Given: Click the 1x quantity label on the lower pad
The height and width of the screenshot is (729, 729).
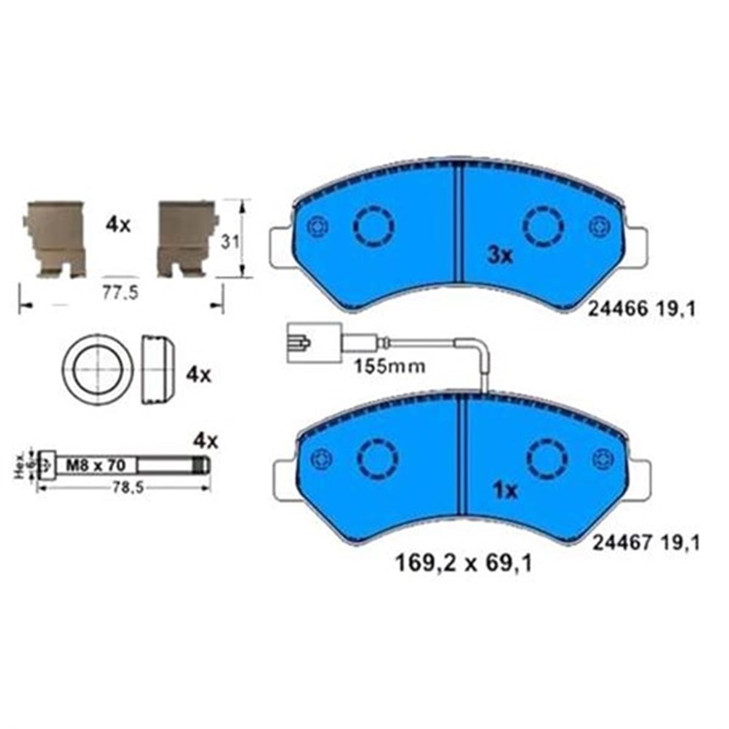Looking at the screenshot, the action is [x=505, y=491].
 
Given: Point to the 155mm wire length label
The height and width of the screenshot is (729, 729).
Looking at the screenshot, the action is [x=389, y=366].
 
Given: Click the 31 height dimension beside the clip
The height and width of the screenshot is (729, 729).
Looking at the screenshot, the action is [x=230, y=242].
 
